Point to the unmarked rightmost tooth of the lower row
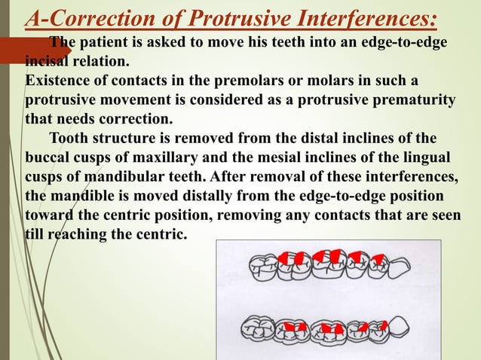(x=400, y=329)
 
